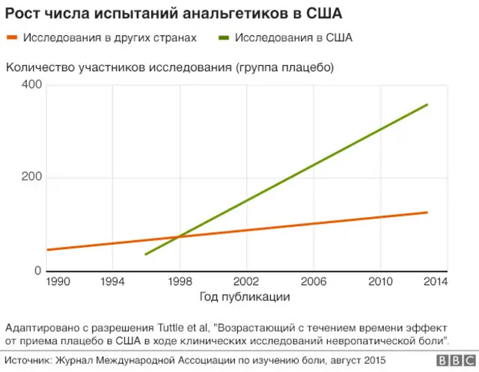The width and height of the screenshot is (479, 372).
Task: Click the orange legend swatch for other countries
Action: pyautogui.click(x=13, y=37)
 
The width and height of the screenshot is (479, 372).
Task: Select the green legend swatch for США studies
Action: pyautogui.click(x=224, y=37)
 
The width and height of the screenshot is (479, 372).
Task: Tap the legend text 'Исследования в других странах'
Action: pyautogui.click(x=109, y=37)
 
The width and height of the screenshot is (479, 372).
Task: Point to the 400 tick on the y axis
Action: pyautogui.click(x=32, y=85)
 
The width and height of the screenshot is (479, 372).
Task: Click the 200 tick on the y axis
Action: pyautogui.click(x=32, y=178)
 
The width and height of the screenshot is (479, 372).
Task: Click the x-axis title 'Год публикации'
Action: pyautogui.click(x=245, y=296)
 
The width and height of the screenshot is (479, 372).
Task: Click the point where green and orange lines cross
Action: pyautogui.click(x=178, y=237)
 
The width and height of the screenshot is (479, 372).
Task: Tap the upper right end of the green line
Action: pyautogui.click(x=427, y=104)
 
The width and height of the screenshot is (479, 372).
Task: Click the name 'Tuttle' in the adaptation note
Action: pyautogui.click(x=174, y=328)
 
